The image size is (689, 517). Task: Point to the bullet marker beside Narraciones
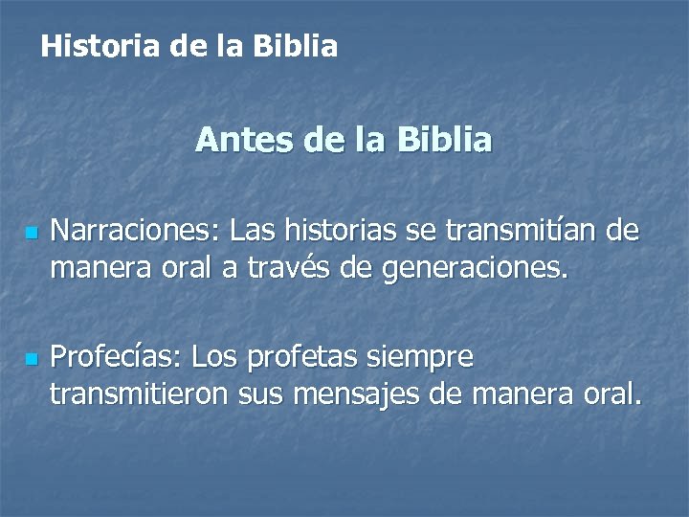[x=32, y=233]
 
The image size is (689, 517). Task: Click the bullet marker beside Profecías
[x=32, y=360]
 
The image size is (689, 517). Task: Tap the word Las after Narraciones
[x=252, y=232]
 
